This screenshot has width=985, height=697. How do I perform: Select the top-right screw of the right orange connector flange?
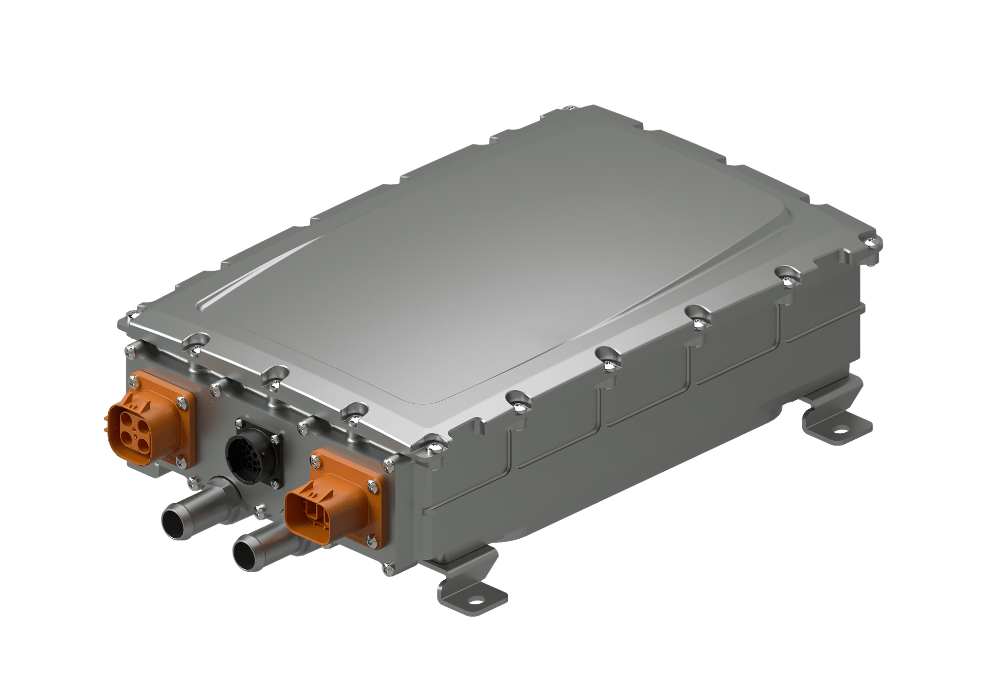click(x=388, y=463)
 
